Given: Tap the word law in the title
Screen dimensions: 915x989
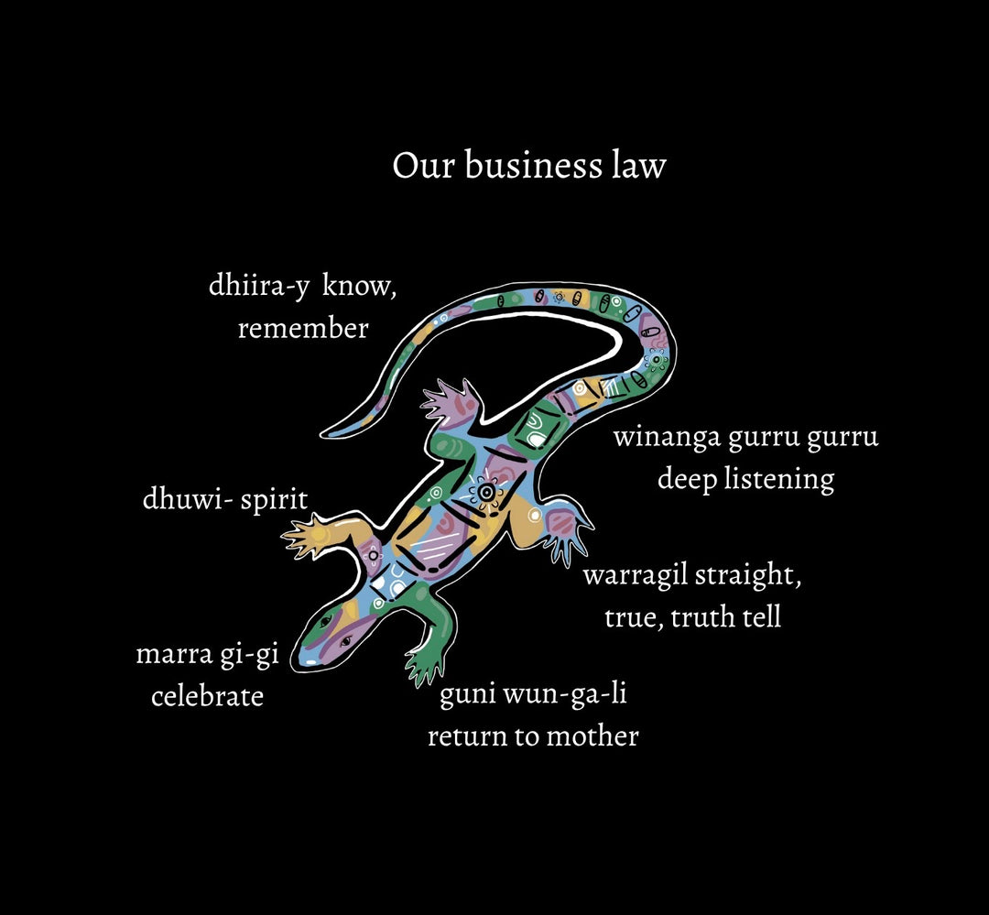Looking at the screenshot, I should [638, 167].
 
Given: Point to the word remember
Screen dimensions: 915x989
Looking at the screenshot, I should [303, 328].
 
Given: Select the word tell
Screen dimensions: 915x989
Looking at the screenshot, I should [758, 617].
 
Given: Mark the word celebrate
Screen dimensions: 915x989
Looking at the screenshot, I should [207, 696].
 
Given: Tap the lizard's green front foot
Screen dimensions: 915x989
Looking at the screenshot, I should [424, 666].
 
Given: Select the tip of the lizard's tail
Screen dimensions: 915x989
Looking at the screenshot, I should [328, 431].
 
